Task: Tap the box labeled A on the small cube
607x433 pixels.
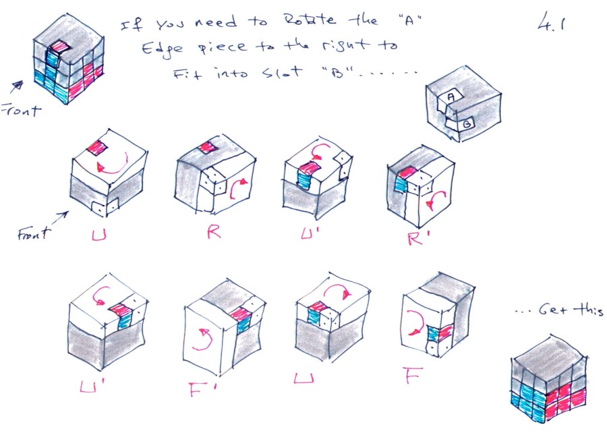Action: click(x=451, y=96)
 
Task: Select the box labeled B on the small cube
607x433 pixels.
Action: click(x=466, y=124)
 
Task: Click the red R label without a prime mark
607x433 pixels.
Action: click(x=214, y=232)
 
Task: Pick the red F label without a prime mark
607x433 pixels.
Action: click(x=413, y=374)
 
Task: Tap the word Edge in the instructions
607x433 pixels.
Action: click(x=156, y=49)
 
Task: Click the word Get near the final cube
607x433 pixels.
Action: click(x=554, y=310)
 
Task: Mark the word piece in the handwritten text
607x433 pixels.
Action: click(x=223, y=48)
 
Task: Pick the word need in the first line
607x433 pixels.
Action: click(x=215, y=22)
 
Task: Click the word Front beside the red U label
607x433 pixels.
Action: click(x=34, y=233)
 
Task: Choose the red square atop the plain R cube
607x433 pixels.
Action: click(x=206, y=148)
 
